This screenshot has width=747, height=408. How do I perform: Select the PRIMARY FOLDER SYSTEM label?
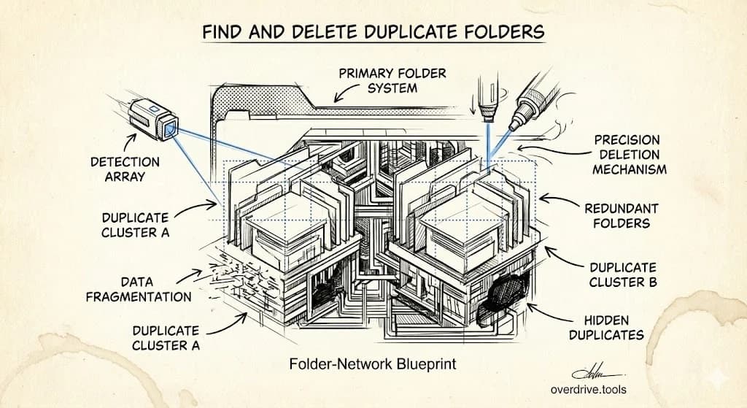coord(392,80)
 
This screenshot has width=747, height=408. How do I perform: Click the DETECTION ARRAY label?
coord(125,169)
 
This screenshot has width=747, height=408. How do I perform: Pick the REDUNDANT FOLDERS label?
coord(621,216)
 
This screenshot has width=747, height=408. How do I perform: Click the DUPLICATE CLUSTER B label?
coord(622,275)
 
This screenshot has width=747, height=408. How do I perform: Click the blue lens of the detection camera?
coord(171,130)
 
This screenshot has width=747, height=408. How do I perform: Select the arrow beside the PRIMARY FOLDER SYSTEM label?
coord(343,94)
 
